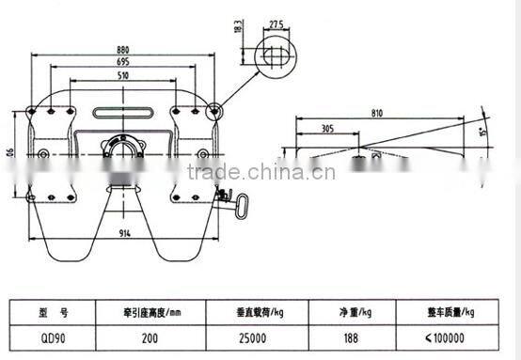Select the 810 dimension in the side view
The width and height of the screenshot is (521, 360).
[x=379, y=112]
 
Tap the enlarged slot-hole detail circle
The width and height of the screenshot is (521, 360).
[x=275, y=56]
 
